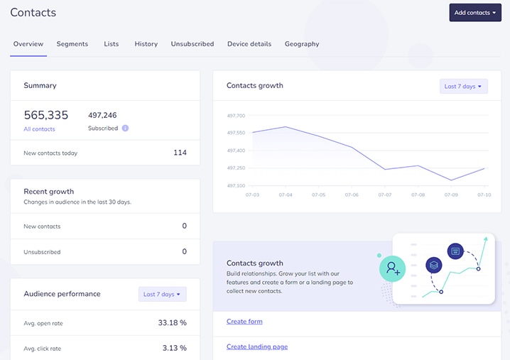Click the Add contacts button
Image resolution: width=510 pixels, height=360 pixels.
coord(475,13)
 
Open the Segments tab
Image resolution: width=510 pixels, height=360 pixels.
coord(72,44)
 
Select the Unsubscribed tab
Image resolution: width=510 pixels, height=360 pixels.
coord(192,44)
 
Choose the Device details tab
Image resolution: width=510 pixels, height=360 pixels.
coord(249,44)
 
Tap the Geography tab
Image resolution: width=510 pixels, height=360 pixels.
coord(302,44)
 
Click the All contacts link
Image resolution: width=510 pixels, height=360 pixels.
coord(39,129)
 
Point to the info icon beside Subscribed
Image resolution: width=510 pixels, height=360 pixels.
coord(125,129)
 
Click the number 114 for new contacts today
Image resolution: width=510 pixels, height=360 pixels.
coord(180,153)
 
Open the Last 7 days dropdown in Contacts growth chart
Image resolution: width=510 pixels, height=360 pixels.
coord(463,87)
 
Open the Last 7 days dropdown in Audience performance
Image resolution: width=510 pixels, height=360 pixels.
coord(162,294)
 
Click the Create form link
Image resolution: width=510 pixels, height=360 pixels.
coord(244,322)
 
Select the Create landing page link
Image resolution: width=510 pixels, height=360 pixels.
coord(257,347)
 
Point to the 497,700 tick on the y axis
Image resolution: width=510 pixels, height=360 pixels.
coord(236,116)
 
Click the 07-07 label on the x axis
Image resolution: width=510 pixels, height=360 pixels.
coord(385,194)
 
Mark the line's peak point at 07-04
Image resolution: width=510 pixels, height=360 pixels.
coord(285,127)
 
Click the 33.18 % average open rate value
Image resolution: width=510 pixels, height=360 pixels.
coord(172,323)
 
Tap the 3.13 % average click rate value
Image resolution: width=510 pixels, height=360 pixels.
coord(173,348)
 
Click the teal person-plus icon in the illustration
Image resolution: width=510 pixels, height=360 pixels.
coord(391,268)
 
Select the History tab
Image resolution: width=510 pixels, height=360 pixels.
coord(146,44)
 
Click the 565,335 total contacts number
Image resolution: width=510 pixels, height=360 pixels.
coord(46,115)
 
